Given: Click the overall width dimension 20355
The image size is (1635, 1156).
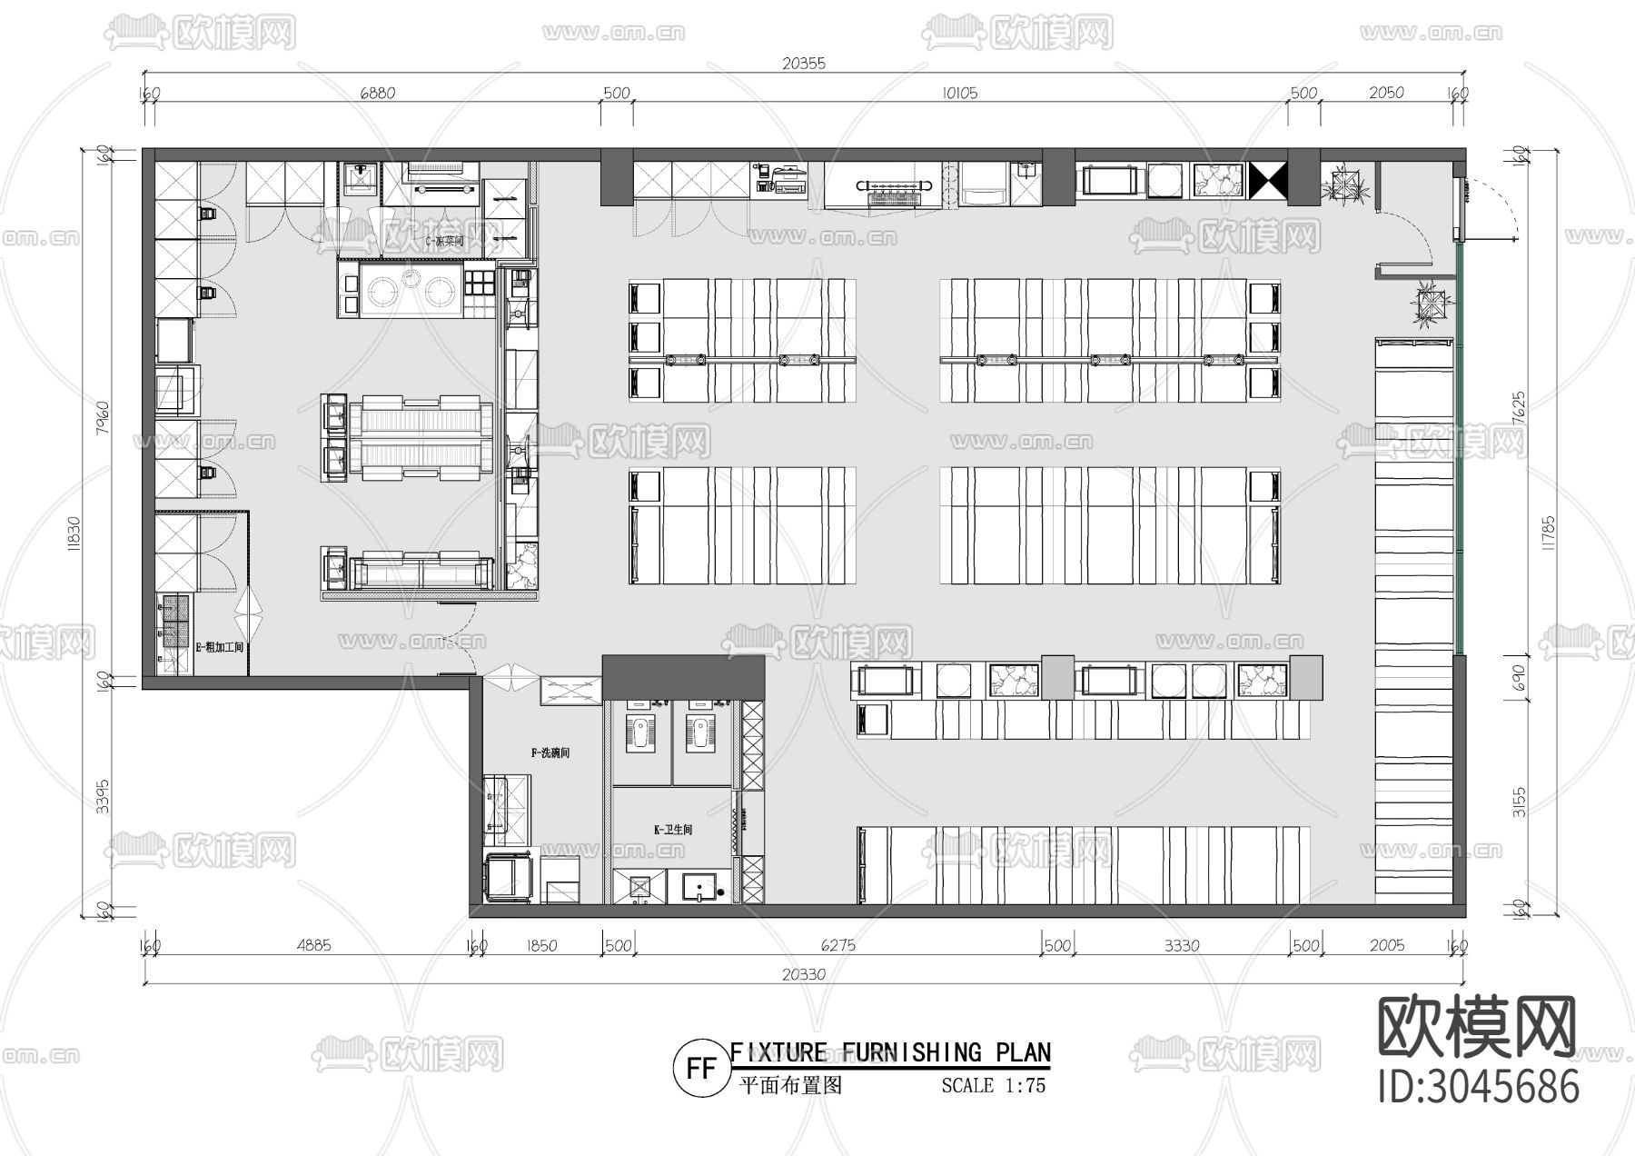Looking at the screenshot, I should click(x=803, y=64).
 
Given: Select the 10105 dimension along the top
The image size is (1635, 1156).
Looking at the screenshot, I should click(x=959, y=93).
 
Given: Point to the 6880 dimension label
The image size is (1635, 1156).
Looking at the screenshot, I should click(x=377, y=93).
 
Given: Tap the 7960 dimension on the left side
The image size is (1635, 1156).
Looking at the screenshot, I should click(x=103, y=418).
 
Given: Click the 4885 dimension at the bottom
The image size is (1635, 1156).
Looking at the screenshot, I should click(x=313, y=945).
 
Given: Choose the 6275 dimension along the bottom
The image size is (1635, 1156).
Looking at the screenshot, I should click(x=837, y=945).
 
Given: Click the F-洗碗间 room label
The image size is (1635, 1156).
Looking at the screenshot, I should click(x=550, y=752).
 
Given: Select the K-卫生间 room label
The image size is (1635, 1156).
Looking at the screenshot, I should click(x=673, y=830).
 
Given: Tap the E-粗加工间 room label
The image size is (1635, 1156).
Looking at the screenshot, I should click(x=221, y=647).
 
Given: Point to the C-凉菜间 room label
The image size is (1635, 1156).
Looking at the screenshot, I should click(x=445, y=242).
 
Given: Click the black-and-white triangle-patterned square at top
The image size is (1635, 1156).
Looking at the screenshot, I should click(x=1268, y=181).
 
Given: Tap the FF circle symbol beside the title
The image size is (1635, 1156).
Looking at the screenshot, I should click(x=700, y=1069).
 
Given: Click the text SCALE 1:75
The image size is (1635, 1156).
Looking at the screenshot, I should click(x=993, y=1085).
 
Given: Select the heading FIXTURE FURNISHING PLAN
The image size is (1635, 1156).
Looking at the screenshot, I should click(x=890, y=1052).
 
